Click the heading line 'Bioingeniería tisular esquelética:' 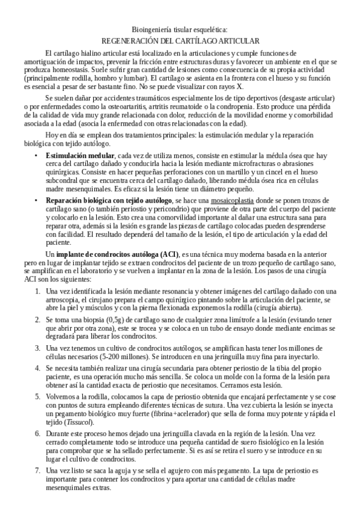point(180,29)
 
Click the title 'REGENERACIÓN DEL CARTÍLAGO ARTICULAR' point(180,41)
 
